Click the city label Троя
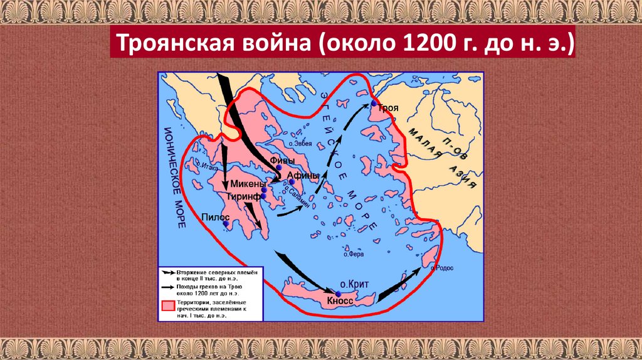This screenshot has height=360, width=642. click(x=389, y=109)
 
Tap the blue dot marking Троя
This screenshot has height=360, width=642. click(x=374, y=103)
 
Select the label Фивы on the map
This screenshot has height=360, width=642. click(x=282, y=161)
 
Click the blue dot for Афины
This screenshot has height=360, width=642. click(x=292, y=183)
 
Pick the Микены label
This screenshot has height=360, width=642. click(x=246, y=184)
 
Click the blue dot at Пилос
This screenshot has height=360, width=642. click(x=226, y=223)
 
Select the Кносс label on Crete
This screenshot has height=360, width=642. click(x=340, y=301)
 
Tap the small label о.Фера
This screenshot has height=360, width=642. click(x=354, y=255)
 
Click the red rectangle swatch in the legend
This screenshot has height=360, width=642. click(x=167, y=305)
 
